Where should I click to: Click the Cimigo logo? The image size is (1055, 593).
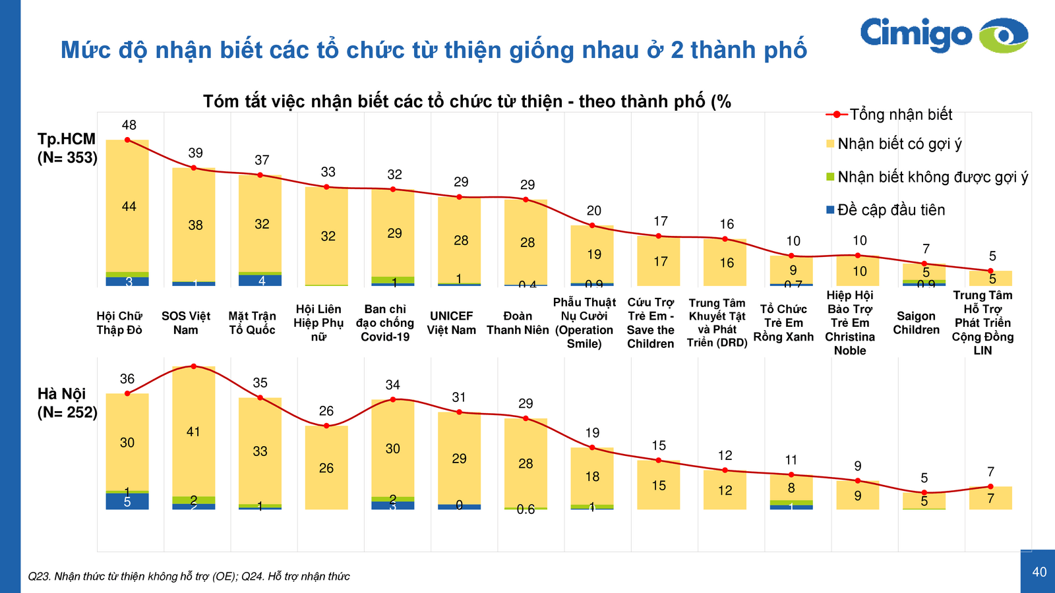click(944, 35)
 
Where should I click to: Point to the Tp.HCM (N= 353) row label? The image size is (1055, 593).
click(67, 148)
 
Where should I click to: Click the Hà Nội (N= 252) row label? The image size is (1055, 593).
click(67, 403)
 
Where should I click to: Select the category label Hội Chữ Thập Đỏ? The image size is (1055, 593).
click(119, 323)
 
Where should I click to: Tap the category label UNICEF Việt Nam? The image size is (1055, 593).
click(451, 323)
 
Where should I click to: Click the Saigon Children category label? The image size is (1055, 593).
click(916, 323)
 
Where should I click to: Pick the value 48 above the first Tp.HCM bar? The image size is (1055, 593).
click(129, 125)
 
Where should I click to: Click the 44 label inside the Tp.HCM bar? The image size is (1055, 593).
click(129, 207)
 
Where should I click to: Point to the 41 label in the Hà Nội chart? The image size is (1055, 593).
click(193, 432)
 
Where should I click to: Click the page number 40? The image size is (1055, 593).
click(1039, 572)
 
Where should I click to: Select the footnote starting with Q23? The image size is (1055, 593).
click(189, 577)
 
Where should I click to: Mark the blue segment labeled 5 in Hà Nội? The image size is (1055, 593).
click(127, 502)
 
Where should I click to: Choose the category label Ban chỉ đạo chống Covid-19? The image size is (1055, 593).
click(385, 323)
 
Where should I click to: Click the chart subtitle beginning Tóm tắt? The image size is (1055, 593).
click(467, 101)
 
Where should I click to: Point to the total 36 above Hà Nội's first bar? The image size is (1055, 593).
click(127, 379)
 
